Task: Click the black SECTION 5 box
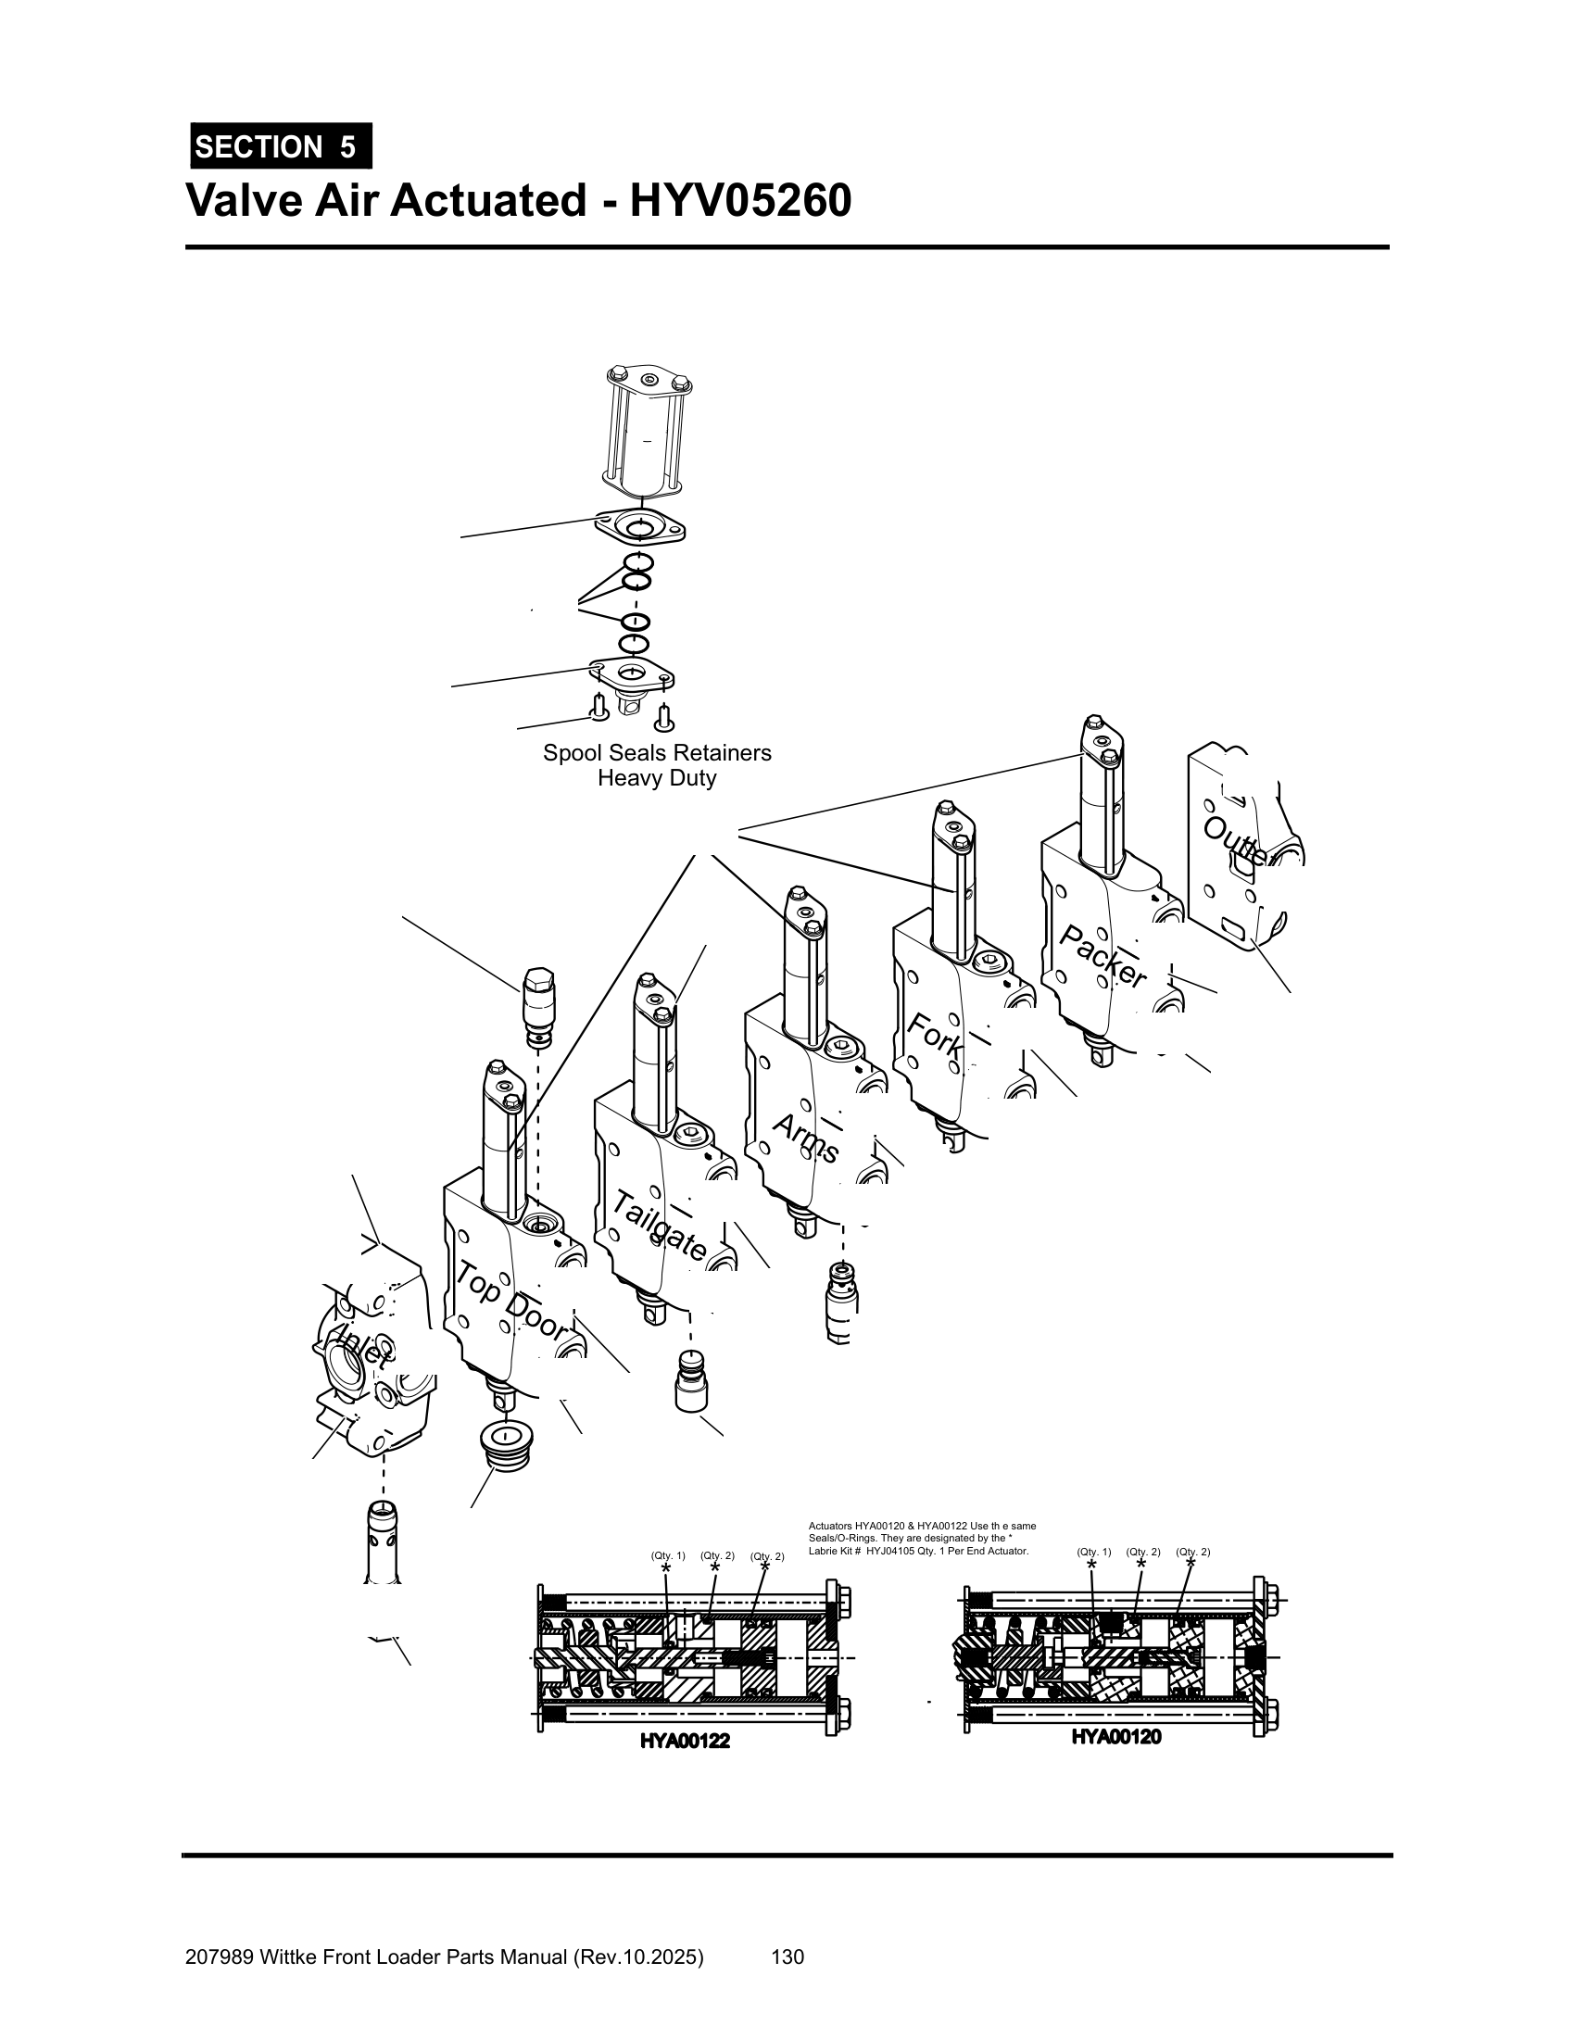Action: pos(281,146)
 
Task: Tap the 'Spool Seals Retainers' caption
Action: pos(657,753)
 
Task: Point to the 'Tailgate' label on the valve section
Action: pos(659,1227)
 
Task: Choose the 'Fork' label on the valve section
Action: pos(934,1035)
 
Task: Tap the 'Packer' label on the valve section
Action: pos(1102,957)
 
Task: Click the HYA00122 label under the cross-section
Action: pos(684,1742)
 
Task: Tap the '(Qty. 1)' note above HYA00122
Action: pos(668,1555)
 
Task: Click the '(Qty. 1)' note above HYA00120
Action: pos(1093,1552)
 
